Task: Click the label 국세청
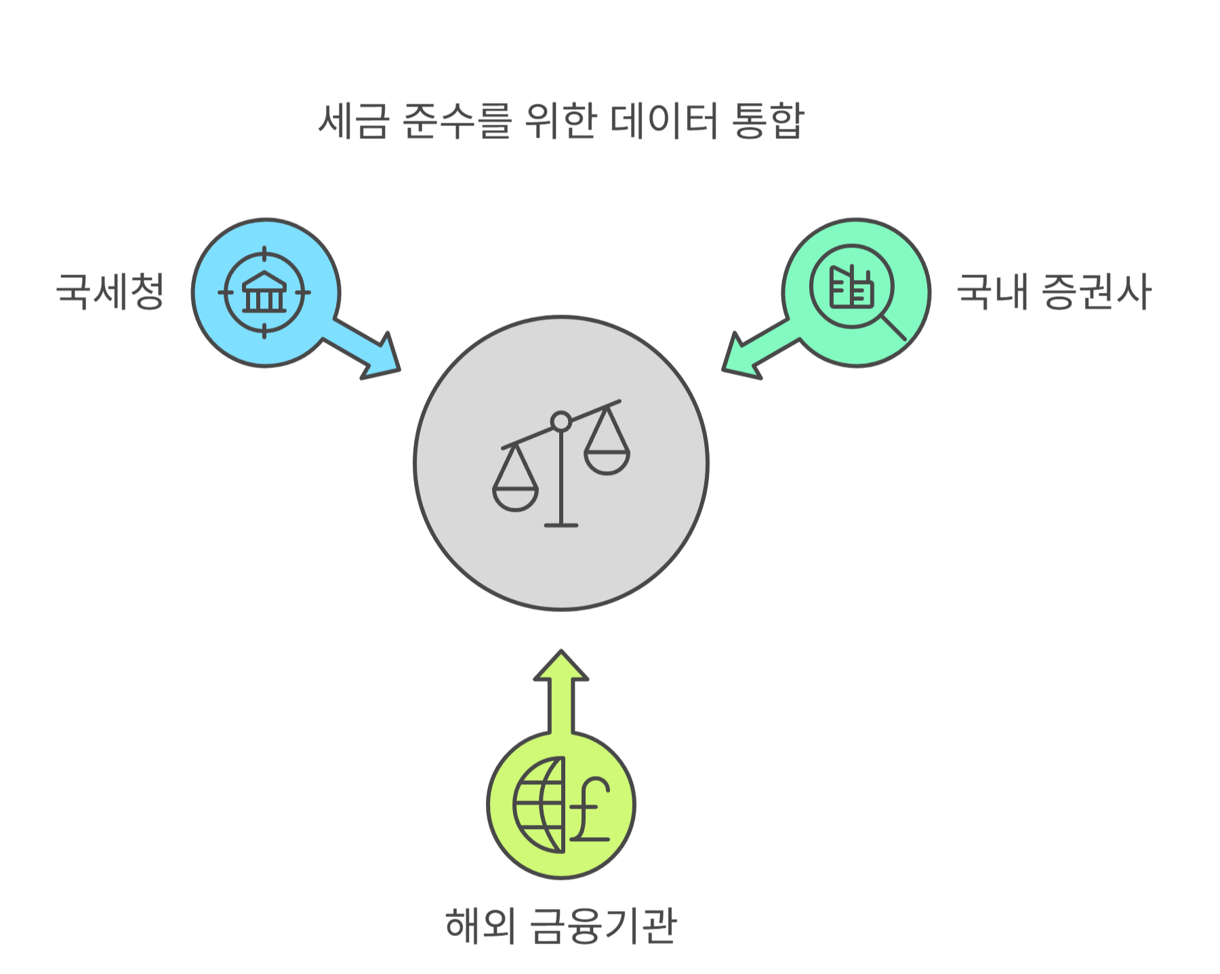[110, 291]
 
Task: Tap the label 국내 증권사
[1053, 291]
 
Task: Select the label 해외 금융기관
[561, 925]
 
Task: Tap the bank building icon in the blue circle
[264, 292]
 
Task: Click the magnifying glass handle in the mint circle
[894, 327]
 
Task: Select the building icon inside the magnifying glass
[852, 287]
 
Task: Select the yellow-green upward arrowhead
[561, 667]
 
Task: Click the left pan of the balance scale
[515, 498]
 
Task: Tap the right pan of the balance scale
[607, 462]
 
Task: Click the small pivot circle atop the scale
[561, 422]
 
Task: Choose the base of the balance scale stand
[561, 525]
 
